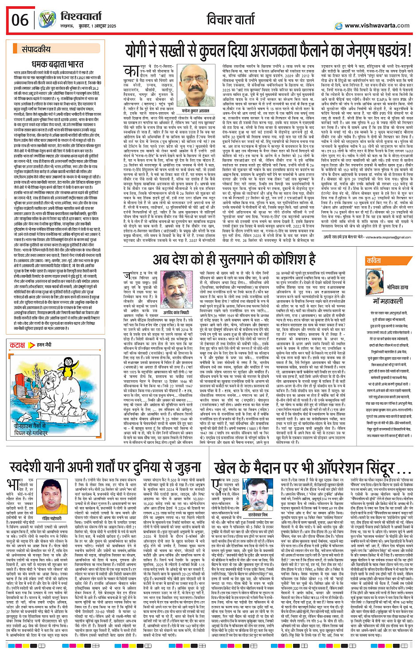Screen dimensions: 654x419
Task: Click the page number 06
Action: click(20, 20)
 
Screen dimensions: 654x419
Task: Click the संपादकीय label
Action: click(36, 50)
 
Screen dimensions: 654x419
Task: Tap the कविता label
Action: click(374, 261)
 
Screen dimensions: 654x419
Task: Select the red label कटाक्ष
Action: click(18, 345)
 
